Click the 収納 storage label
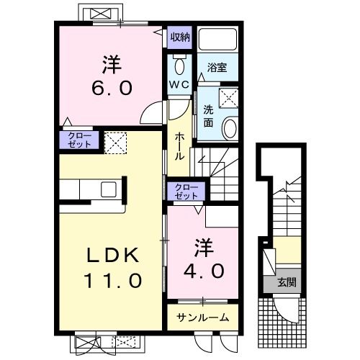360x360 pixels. pyautogui.click(x=180, y=37)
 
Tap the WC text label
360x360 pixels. pyautogui.click(x=179, y=84)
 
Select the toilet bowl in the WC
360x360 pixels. pyautogui.click(x=179, y=66)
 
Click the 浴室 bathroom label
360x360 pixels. pyautogui.click(x=217, y=68)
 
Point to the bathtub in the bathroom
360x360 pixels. pyautogui.click(x=217, y=39)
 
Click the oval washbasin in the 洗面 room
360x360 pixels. pyautogui.click(x=230, y=127)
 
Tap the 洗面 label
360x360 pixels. pyautogui.click(x=208, y=116)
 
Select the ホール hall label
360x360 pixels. pyautogui.click(x=179, y=146)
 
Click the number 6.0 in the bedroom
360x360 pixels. pyautogui.click(x=112, y=88)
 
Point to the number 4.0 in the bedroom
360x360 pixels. pyautogui.click(x=204, y=271)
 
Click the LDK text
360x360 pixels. pyautogui.click(x=113, y=255)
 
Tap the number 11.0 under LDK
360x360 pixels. pyautogui.click(x=113, y=281)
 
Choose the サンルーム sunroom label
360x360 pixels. pyautogui.click(x=202, y=318)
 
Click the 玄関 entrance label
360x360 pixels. pyautogui.click(x=287, y=282)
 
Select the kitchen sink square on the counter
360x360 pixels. pyautogui.click(x=109, y=189)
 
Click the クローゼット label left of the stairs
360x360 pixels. pyautogui.click(x=186, y=192)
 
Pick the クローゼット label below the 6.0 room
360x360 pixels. pyautogui.click(x=79, y=140)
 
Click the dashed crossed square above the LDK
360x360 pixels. pyautogui.click(x=115, y=143)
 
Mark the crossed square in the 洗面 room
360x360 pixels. pyautogui.click(x=228, y=98)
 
